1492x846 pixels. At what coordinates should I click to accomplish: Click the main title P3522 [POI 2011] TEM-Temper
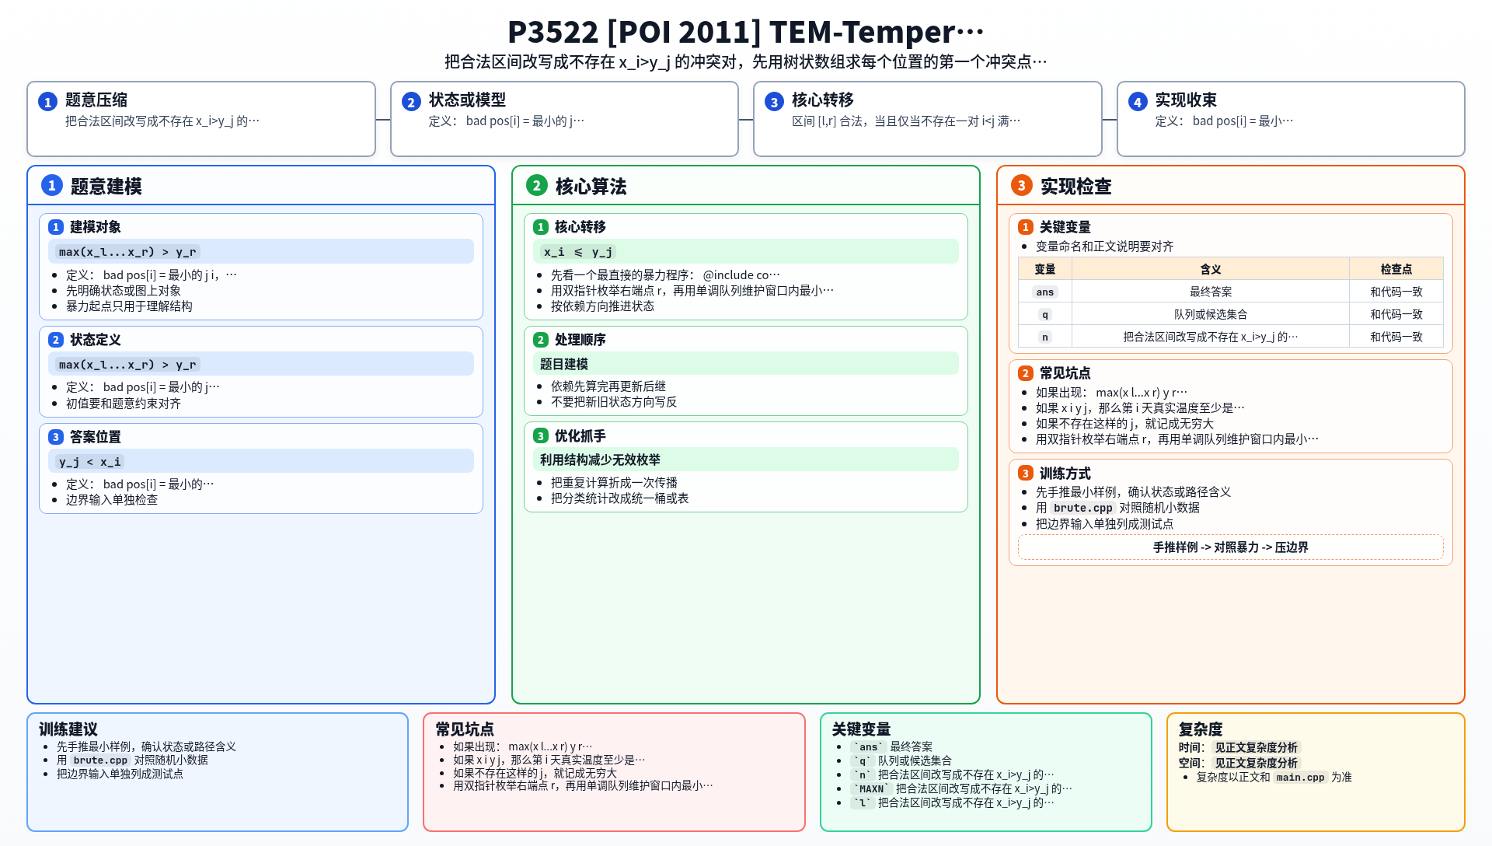(746, 32)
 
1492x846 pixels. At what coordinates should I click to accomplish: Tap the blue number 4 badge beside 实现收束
(1138, 102)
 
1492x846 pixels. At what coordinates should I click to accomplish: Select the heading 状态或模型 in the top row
(467, 100)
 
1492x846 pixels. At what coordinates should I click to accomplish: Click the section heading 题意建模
(106, 187)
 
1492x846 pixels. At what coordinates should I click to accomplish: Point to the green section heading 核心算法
(591, 187)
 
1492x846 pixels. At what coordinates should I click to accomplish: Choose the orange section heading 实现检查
(1075, 187)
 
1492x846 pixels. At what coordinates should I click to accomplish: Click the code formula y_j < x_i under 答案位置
(89, 462)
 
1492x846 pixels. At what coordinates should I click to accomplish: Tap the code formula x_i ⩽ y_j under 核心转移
(577, 252)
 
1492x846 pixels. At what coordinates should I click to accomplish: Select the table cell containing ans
(1045, 292)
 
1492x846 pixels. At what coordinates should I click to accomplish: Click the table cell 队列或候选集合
(1211, 314)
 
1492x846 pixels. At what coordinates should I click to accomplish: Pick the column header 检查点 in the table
(1396, 269)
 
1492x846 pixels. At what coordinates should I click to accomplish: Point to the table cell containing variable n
(1045, 337)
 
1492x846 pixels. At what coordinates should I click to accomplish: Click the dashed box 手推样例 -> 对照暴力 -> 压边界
(1231, 547)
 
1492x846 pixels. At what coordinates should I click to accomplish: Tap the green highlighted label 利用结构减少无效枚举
(600, 460)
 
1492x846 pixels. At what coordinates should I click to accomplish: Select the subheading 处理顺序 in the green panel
(580, 340)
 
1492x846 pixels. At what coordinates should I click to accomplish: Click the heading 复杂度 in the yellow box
(1201, 729)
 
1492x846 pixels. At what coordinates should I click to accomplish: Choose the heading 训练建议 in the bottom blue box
(68, 729)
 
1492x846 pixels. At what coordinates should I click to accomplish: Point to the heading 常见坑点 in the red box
(465, 729)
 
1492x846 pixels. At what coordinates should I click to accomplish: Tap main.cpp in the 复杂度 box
(1300, 778)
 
